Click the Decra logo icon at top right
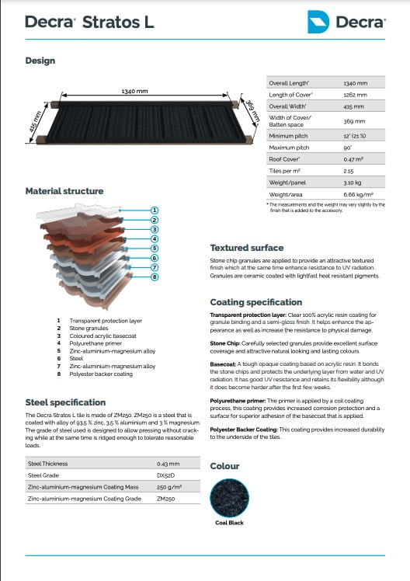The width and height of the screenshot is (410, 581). [319, 22]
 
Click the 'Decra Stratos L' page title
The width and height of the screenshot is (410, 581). [89, 22]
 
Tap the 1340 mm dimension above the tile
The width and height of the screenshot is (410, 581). [134, 91]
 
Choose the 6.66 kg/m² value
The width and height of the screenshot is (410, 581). [356, 193]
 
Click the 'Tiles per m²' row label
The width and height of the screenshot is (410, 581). [287, 170]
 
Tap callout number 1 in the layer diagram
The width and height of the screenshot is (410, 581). [155, 210]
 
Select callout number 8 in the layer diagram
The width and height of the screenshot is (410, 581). [155, 276]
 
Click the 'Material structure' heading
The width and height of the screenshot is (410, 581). [64, 191]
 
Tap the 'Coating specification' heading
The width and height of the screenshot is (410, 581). [256, 302]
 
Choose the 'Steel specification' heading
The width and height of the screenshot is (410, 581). [65, 402]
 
